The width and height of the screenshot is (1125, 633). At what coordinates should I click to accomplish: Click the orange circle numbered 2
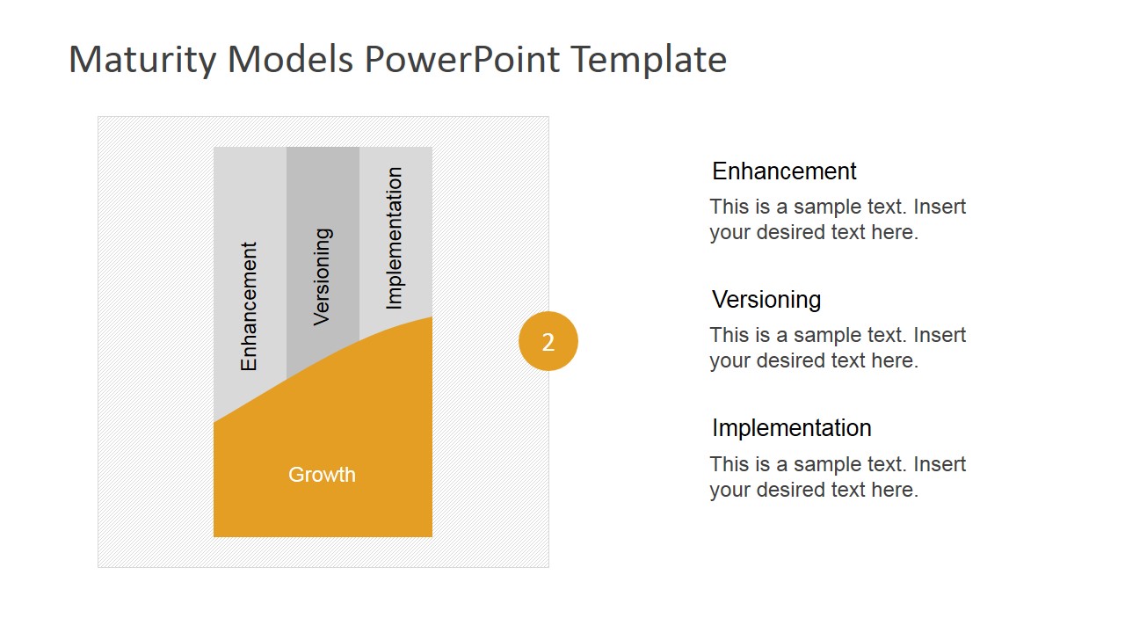(548, 341)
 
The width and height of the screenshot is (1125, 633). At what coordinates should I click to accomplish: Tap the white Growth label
(322, 475)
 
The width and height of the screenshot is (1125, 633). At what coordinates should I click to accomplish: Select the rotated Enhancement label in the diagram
(249, 306)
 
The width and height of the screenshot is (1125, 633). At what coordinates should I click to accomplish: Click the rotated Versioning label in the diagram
(323, 277)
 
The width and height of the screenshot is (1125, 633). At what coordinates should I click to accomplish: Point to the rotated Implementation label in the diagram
(395, 238)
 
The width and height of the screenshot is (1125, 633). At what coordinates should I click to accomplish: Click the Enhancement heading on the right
(784, 171)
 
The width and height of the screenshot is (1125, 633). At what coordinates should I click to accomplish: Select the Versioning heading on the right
(766, 300)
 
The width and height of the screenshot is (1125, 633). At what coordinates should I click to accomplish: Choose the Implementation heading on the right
(791, 428)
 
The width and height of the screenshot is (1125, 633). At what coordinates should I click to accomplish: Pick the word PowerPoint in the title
(461, 60)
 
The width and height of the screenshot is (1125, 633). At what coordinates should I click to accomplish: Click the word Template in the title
(649, 60)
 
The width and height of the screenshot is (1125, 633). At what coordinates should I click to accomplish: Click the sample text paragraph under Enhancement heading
(837, 220)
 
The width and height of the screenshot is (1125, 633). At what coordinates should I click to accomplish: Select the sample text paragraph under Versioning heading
(837, 348)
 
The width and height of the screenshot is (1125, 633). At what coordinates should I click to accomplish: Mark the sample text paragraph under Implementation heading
(837, 477)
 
